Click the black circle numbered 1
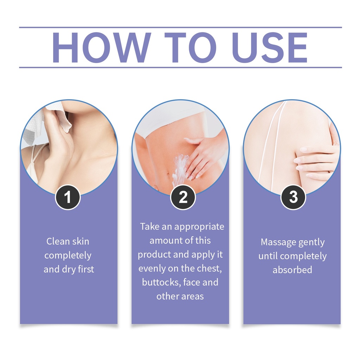point(68,197)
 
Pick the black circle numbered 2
point(183,197)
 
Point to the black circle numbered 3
point(293,197)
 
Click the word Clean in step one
point(58,241)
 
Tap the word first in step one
point(86,269)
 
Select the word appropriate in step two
point(199,227)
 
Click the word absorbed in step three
point(292,270)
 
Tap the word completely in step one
point(68,256)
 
